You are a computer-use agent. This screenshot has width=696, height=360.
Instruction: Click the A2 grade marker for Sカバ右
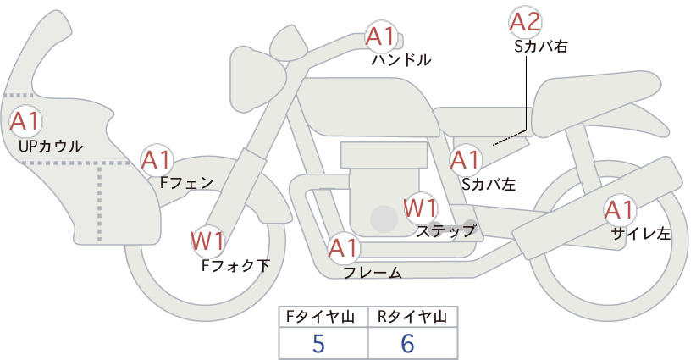pyautogui.click(x=525, y=22)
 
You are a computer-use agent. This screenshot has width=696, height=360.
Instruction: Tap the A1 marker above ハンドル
pyautogui.click(x=380, y=36)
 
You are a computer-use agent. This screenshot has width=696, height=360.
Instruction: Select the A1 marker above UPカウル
pyautogui.click(x=25, y=122)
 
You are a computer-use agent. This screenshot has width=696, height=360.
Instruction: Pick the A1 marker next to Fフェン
pyautogui.click(x=157, y=160)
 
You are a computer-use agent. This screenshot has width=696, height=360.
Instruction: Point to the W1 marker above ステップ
pyautogui.click(x=420, y=208)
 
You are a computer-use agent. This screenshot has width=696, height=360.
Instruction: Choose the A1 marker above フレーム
pyautogui.click(x=344, y=248)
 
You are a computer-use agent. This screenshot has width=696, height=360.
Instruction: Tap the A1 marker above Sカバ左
pyautogui.click(x=466, y=160)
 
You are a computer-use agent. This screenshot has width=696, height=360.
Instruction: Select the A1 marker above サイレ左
pyautogui.click(x=619, y=210)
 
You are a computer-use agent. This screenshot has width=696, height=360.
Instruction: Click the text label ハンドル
pyautogui.click(x=401, y=60)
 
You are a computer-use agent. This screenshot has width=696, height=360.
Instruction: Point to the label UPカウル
pyautogui.click(x=51, y=146)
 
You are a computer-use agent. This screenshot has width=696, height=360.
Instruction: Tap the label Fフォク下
pyautogui.click(x=235, y=265)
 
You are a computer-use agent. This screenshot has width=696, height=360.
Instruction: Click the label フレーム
pyautogui.click(x=373, y=273)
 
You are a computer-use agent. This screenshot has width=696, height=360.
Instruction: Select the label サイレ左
pyautogui.click(x=640, y=234)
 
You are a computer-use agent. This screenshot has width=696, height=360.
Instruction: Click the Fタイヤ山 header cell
pyautogui.click(x=323, y=317)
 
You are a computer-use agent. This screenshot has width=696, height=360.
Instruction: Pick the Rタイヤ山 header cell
pyautogui.click(x=413, y=317)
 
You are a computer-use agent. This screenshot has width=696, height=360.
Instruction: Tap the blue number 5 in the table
pyautogui.click(x=318, y=343)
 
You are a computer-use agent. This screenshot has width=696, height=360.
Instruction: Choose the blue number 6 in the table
pyautogui.click(x=407, y=343)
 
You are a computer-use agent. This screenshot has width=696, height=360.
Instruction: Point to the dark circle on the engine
pyautogui.click(x=384, y=219)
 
